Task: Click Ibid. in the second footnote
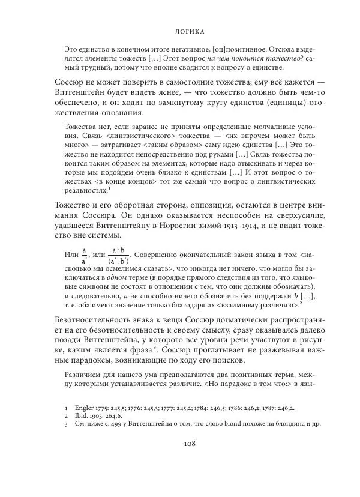click(83, 415)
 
